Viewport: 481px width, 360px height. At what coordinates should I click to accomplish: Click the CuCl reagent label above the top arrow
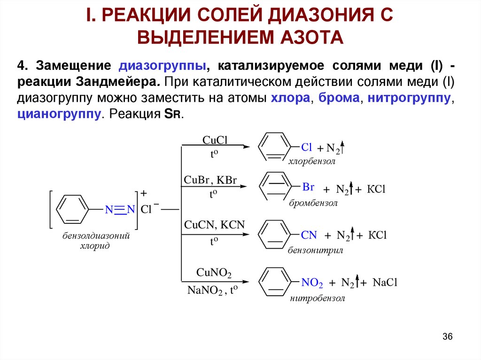[x=215, y=140]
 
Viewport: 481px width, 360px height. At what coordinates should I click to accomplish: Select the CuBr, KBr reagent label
[x=210, y=181]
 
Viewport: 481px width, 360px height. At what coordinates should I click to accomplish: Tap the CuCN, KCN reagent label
[x=215, y=225]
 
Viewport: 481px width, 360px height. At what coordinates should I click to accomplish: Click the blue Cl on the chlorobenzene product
[x=306, y=147]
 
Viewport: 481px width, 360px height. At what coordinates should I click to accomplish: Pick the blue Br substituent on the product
[x=308, y=187]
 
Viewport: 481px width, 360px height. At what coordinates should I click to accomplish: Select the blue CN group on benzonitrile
[x=309, y=235]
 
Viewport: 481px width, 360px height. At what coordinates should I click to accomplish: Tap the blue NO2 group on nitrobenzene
[x=312, y=283]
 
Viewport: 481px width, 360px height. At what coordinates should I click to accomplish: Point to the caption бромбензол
[x=313, y=203]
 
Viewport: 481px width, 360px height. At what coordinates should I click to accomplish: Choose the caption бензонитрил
[x=315, y=250]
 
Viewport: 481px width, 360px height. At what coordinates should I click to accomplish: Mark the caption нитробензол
[x=318, y=298]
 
